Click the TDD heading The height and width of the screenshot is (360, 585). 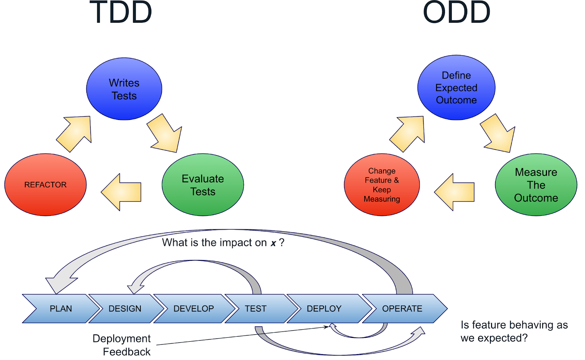pos(121,12)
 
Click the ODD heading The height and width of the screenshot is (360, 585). pos(456,12)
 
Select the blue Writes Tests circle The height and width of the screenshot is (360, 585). pos(124,89)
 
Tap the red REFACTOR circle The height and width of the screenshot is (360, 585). pos(45,185)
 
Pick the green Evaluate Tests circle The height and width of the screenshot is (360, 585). pos(203,185)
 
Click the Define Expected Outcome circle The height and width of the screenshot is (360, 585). pos(456,88)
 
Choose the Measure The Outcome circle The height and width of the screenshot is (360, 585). pos(536,185)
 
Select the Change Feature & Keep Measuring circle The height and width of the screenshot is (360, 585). pos(382,185)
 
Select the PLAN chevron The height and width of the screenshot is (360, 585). pos(61,308)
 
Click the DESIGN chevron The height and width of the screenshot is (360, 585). pos(125,308)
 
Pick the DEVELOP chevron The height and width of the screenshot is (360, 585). pos(193,308)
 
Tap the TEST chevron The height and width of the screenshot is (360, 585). pos(256,308)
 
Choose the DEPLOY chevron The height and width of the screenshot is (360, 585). pos(324,308)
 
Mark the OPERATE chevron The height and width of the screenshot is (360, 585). pos(402,308)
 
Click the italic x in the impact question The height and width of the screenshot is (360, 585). pos(273,243)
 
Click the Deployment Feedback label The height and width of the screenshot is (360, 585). pos(122,345)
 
